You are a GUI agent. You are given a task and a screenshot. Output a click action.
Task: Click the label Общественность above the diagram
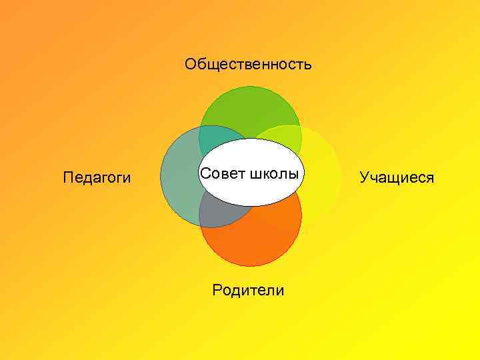click(x=248, y=65)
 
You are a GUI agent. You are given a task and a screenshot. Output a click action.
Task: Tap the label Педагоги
click(x=97, y=177)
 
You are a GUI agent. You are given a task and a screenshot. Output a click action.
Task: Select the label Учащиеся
click(x=397, y=177)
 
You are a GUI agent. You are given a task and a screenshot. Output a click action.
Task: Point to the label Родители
click(x=248, y=290)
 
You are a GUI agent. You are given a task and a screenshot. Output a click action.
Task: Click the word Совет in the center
click(x=223, y=173)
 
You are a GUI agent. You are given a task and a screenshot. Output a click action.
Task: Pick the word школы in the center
click(x=273, y=174)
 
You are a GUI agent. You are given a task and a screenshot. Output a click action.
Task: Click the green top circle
click(x=250, y=110)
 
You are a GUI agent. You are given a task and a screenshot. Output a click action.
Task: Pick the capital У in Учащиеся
click(x=364, y=177)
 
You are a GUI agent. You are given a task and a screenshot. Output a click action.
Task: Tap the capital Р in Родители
click(x=217, y=290)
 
